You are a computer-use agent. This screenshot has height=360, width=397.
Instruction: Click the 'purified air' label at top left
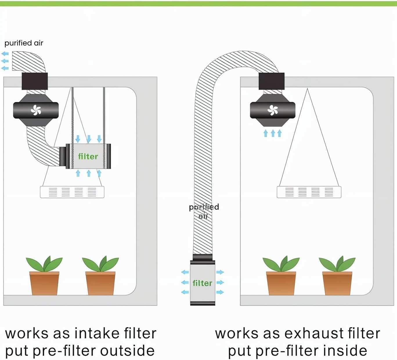pyautogui.click(x=24, y=43)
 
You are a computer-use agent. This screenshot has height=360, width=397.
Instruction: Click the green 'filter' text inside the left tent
pyautogui.click(x=88, y=157)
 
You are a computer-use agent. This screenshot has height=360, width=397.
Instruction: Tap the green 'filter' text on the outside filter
pyautogui.click(x=202, y=283)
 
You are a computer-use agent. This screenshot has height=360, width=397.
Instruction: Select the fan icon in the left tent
pyautogui.click(x=36, y=110)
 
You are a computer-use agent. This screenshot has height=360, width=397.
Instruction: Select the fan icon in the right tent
pyautogui.click(x=273, y=110)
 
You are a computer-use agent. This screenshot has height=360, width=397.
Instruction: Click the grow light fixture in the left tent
pyautogui.click(x=72, y=192)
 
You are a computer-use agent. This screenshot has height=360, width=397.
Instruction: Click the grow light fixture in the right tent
pyautogui.click(x=309, y=192)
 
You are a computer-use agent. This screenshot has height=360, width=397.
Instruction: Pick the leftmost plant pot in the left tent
pyautogui.click(x=44, y=283)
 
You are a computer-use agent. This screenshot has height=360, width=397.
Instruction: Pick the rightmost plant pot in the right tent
pyautogui.click(x=337, y=283)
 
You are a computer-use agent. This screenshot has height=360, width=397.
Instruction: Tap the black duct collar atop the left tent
pyautogui.click(x=35, y=81)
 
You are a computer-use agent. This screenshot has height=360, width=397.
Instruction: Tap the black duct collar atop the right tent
pyautogui.click(x=271, y=81)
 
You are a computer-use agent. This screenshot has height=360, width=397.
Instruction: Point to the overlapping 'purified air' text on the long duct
pyautogui.click(x=204, y=211)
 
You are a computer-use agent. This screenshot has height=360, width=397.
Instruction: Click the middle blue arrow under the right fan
pyautogui.click(x=273, y=133)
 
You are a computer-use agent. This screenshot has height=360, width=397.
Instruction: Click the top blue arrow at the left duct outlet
pyautogui.click(x=5, y=54)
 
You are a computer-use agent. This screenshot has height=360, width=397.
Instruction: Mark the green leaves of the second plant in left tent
pyautogui.click(x=100, y=263)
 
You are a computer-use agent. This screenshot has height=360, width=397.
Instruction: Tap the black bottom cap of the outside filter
pyautogui.click(x=203, y=303)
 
